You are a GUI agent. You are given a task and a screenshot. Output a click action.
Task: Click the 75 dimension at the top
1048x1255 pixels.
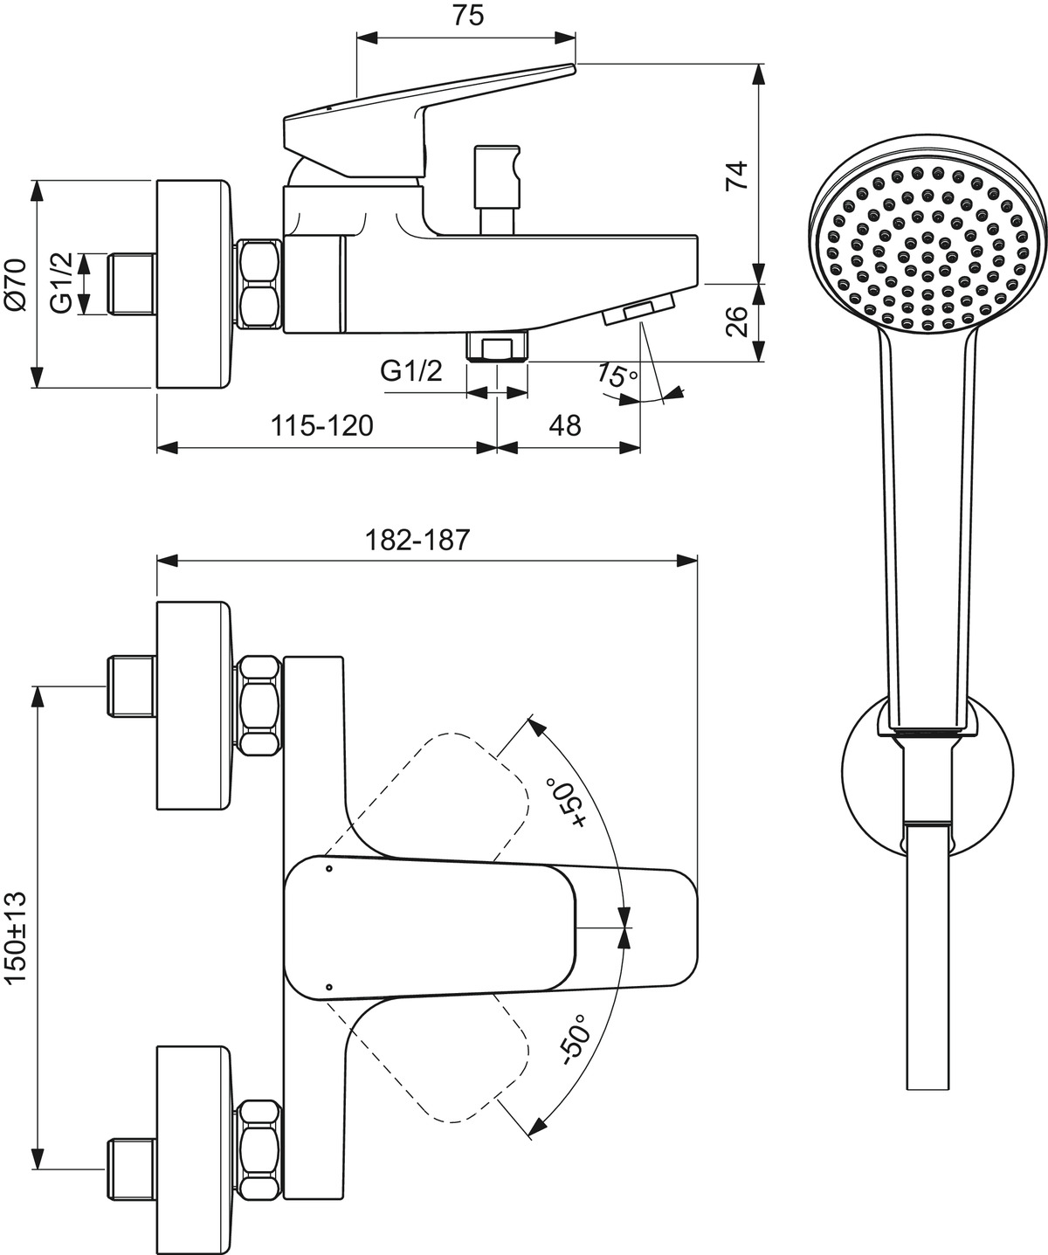468,17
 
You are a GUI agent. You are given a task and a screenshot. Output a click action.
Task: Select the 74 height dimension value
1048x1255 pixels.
738,175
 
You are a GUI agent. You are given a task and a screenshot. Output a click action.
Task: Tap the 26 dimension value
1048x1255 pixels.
738,322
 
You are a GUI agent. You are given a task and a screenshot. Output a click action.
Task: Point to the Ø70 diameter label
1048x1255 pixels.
17,284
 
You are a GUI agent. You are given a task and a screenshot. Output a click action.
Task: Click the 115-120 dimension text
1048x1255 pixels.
321,426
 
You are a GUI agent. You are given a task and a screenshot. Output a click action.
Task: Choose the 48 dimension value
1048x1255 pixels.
565,426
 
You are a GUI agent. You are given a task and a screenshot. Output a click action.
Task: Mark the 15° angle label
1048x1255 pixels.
617,376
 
